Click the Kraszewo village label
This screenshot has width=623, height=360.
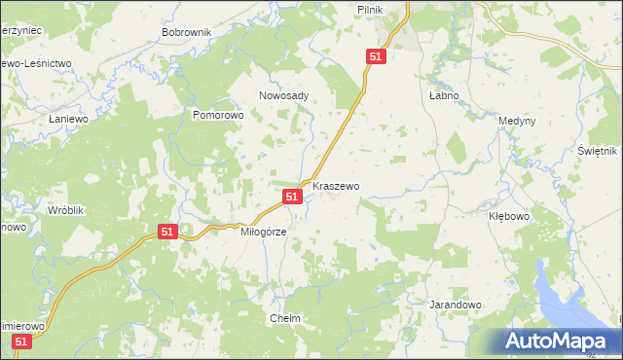pyautogui.click(x=337, y=186)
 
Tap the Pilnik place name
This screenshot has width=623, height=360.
pyautogui.click(x=396, y=9)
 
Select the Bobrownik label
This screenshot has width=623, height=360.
pyautogui.click(x=187, y=32)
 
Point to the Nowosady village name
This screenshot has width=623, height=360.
pyautogui.click(x=283, y=95)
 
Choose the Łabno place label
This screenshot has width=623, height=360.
pyautogui.click(x=443, y=96)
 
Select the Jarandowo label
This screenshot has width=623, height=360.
pyautogui.click(x=456, y=305)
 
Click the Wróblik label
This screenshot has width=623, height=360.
pyautogui.click(x=67, y=210)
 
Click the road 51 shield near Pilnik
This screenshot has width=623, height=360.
pyautogui.click(x=378, y=57)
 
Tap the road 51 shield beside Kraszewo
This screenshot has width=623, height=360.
pyautogui.click(x=292, y=197)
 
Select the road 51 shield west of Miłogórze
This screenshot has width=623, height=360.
pyautogui.click(x=167, y=232)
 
